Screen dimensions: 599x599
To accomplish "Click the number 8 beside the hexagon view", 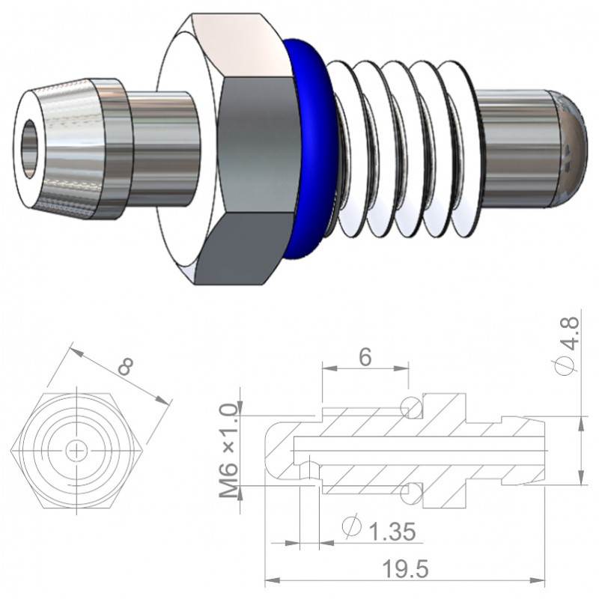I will click(x=127, y=368).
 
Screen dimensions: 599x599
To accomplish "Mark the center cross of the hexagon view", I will click(x=76, y=450).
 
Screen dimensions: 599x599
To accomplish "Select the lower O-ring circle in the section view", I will click(x=410, y=492).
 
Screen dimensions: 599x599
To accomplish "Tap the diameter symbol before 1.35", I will click(x=350, y=527).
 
